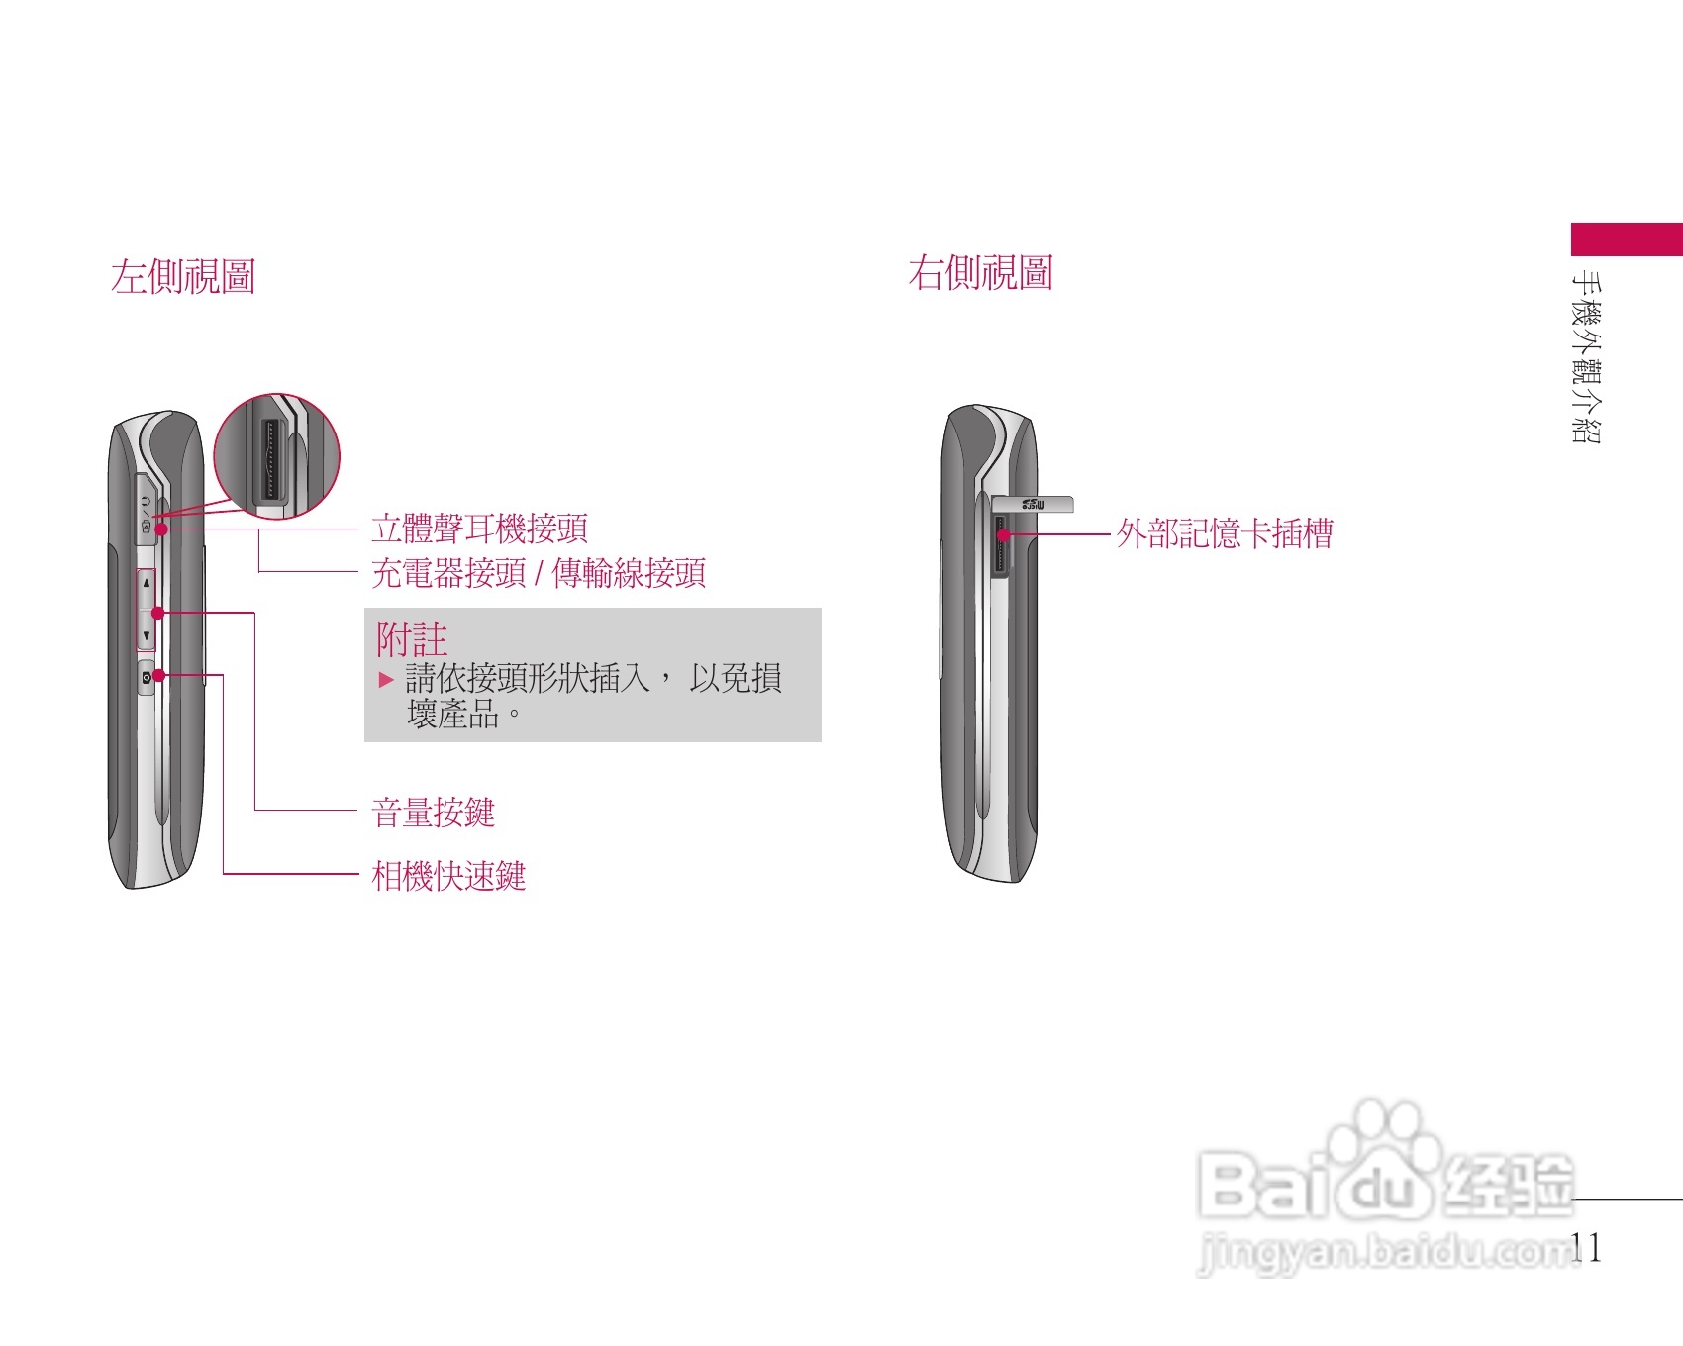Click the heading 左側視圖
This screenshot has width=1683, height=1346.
(x=183, y=277)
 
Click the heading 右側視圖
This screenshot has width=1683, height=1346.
(x=980, y=273)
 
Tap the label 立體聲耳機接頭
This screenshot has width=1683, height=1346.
(x=479, y=529)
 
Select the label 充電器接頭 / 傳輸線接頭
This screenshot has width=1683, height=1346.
(x=538, y=573)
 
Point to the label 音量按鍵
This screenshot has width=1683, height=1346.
(x=433, y=813)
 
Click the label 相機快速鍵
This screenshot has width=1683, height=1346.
(x=448, y=876)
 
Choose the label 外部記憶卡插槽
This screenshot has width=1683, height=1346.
(x=1225, y=534)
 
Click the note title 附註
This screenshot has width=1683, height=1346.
(x=411, y=639)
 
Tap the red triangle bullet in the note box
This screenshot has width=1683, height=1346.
(x=386, y=680)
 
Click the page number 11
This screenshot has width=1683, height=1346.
(x=1586, y=1248)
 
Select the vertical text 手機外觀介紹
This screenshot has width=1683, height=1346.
(x=1586, y=356)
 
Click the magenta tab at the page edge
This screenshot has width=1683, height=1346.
(x=1627, y=240)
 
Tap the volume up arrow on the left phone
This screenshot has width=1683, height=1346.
(x=147, y=584)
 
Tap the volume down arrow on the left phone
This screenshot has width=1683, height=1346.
(x=147, y=636)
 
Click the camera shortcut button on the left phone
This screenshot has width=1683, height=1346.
(x=147, y=677)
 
